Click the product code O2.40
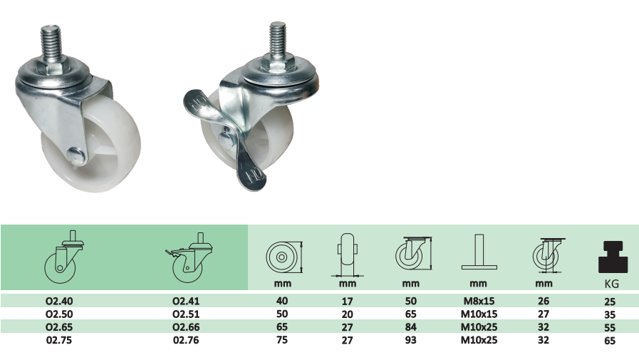59,301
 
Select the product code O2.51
186,314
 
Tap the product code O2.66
186,327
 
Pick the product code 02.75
59,340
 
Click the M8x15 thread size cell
479,301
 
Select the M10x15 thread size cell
479,314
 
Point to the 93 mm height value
411,340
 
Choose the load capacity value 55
610,327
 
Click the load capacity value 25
610,302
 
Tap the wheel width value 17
347,302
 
